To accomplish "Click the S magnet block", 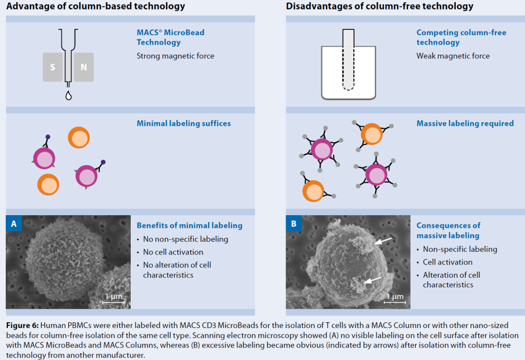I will (x=52, y=67).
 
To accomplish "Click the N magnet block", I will (x=83, y=67).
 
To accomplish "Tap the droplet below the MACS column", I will (x=68, y=96).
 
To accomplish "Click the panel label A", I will (x=14, y=224).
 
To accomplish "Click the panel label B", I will (x=293, y=224).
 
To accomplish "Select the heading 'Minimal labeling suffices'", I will (x=184, y=124).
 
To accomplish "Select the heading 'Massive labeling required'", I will (x=465, y=124).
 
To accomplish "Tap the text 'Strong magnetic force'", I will (x=175, y=56).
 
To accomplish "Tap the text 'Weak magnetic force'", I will (x=453, y=56).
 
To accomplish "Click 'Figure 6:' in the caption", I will (x=23, y=326).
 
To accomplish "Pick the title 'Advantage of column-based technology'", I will (x=96, y=6).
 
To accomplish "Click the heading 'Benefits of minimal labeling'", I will (x=190, y=226).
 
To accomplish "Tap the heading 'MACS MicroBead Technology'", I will (x=171, y=37).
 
